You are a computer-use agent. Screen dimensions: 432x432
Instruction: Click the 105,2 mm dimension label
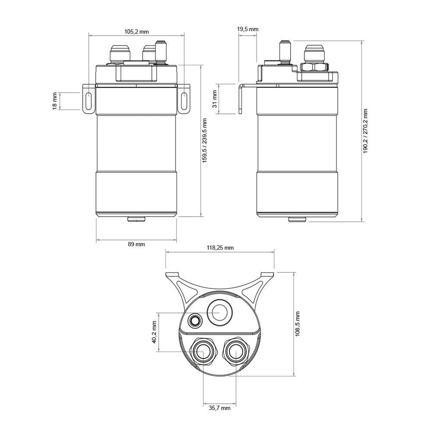tap(136, 32)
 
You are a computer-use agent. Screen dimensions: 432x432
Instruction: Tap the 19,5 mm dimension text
tap(248, 29)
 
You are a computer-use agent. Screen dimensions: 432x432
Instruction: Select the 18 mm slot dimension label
tap(55, 101)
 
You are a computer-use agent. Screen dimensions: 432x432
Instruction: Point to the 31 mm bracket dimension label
tap(215, 99)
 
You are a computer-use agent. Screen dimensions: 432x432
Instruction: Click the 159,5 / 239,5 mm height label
tap(204, 141)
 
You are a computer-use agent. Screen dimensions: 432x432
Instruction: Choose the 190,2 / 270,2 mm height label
tap(365, 131)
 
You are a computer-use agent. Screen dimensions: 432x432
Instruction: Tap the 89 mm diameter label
tap(136, 244)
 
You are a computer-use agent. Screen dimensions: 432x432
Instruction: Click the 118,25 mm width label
tap(220, 248)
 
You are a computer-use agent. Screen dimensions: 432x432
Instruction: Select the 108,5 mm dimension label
tap(298, 324)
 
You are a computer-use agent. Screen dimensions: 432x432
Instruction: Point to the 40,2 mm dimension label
tap(154, 332)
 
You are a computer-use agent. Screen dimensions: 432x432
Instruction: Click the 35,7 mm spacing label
tap(219, 408)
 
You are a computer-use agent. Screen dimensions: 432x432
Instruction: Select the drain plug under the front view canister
tap(136, 219)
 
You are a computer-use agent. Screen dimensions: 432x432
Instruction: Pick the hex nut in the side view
tap(314, 67)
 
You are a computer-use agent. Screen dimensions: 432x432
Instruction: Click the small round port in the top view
tap(195, 321)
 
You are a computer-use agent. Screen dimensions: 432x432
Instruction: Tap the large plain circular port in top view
tap(219, 313)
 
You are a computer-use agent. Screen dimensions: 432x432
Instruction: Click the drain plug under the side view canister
tap(297, 219)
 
